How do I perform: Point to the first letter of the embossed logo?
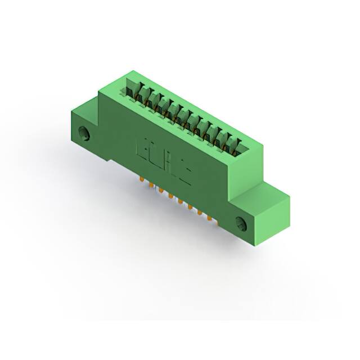point(143,149)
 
